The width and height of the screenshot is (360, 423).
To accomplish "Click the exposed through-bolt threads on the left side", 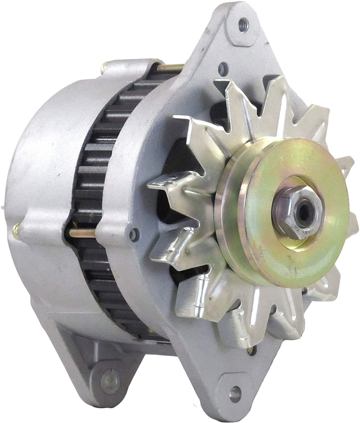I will coord(85,232).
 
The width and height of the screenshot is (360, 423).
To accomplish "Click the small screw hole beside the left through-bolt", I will coord(132,233).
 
